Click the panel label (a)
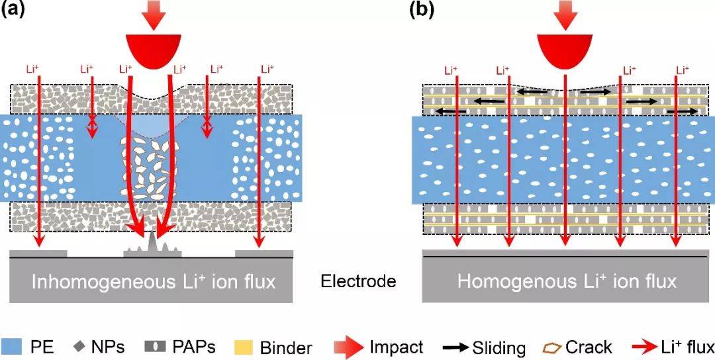pos(15,11)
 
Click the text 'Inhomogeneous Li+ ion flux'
pos(152,281)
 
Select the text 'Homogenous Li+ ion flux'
pos(567,281)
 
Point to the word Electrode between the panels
pos(358,282)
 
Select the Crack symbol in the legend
pos(556,346)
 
